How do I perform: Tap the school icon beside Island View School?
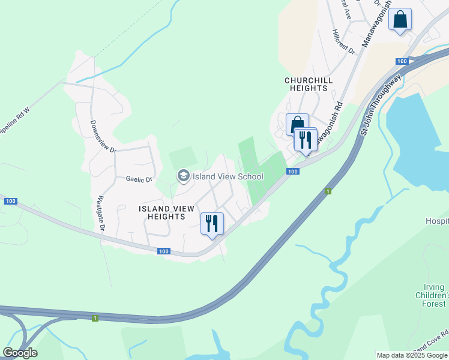[x=183, y=176]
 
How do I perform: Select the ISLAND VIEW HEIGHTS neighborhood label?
[x=166, y=212]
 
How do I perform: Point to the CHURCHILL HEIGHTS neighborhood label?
[x=306, y=84]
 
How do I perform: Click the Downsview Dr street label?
[x=103, y=137]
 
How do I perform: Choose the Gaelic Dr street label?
[x=139, y=179]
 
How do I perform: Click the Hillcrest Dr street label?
[x=343, y=41]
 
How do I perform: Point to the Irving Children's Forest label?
[x=432, y=296]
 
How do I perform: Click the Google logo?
[x=20, y=353]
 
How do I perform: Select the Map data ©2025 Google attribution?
[x=412, y=355]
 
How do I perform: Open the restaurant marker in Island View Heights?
[x=211, y=224]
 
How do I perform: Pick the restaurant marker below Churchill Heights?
[x=305, y=140]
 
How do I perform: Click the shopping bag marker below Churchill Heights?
[x=297, y=125]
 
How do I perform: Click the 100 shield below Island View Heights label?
[x=164, y=251]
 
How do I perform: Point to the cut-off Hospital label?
[x=437, y=221]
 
